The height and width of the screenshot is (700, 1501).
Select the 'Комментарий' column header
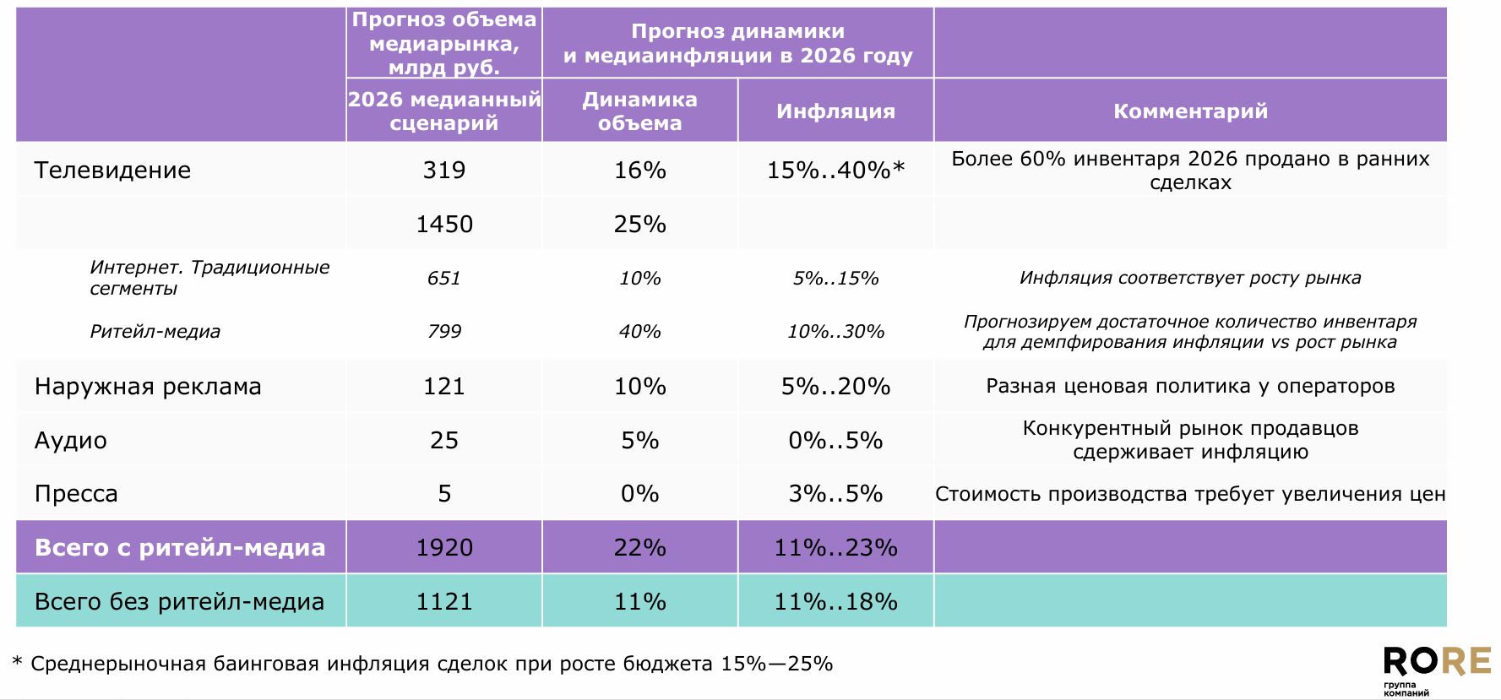pyautogui.click(x=1190, y=111)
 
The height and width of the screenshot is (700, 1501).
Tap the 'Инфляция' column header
pyautogui.click(x=835, y=111)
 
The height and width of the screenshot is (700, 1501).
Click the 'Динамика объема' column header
pyautogui.click(x=639, y=111)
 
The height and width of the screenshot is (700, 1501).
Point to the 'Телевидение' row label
pyautogui.click(x=112, y=171)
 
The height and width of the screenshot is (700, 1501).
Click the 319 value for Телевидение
pyautogui.click(x=444, y=171)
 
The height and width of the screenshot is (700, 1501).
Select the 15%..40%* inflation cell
pyautogui.click(x=835, y=171)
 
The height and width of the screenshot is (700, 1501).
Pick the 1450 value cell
pyautogui.click(x=444, y=225)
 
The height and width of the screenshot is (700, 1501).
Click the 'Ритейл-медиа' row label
pyautogui.click(x=155, y=332)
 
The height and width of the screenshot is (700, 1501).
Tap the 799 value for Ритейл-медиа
pyautogui.click(x=444, y=332)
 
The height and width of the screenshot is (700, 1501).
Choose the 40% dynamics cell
pyautogui.click(x=639, y=332)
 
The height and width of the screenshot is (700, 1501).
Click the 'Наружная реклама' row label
pyautogui.click(x=148, y=387)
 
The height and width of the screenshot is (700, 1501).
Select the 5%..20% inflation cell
pyautogui.click(x=835, y=387)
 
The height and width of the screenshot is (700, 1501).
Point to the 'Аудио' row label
pyautogui.click(x=71, y=441)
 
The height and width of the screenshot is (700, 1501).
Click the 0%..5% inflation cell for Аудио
pyautogui.click(x=835, y=441)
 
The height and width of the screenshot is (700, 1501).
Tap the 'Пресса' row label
pyautogui.click(x=76, y=494)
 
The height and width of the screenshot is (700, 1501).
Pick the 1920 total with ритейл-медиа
pyautogui.click(x=444, y=548)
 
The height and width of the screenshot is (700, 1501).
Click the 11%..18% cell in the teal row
pyautogui.click(x=835, y=602)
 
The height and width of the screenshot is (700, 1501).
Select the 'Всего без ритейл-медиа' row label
pyautogui.click(x=179, y=602)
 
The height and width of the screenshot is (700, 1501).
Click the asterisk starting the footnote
pyautogui.click(x=17, y=662)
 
